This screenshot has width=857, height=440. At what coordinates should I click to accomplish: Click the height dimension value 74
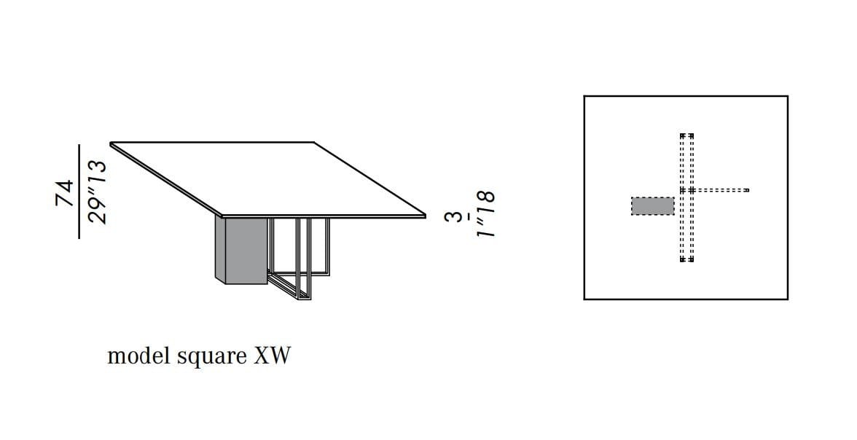(x=64, y=193)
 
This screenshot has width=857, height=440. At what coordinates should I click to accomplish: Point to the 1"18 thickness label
(x=485, y=213)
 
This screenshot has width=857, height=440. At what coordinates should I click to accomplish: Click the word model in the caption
(x=139, y=355)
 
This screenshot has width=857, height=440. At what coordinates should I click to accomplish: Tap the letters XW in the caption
(x=273, y=355)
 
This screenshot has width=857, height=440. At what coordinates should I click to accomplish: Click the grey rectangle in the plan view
(x=653, y=206)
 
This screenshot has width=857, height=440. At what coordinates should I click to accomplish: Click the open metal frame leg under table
(x=300, y=258)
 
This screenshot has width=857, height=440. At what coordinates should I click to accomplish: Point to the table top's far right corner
(x=426, y=216)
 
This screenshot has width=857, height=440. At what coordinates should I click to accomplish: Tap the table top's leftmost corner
(x=111, y=144)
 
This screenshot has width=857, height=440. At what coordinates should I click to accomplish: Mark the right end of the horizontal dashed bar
(x=746, y=190)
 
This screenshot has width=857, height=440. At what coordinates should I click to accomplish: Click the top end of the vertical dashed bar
(x=687, y=135)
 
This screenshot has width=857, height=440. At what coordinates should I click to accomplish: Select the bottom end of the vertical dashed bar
(x=687, y=260)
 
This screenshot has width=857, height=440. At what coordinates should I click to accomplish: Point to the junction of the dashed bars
(x=687, y=190)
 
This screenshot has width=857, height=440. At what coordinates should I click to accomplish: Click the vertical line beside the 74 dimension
(x=79, y=192)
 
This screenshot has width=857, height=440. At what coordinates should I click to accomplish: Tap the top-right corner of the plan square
(x=787, y=96)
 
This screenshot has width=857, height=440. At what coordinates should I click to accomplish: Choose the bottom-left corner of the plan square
(x=584, y=299)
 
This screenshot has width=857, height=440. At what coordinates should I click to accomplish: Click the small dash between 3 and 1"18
(x=469, y=217)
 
